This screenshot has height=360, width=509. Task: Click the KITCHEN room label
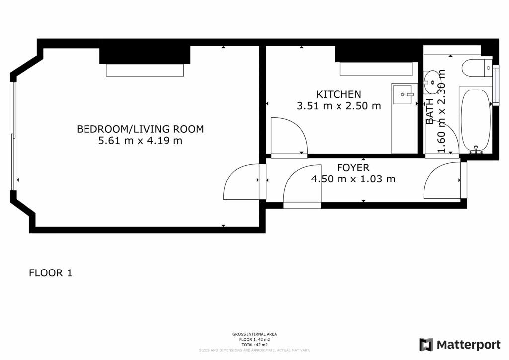coord(339,94)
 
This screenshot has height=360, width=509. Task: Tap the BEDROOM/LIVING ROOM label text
coord(140,129)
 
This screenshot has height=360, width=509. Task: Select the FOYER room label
coord(353,168)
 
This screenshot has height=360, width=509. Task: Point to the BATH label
coord(430,111)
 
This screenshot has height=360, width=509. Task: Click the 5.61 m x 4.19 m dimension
coord(140,141)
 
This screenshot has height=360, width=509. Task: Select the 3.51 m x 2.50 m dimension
coord(339,106)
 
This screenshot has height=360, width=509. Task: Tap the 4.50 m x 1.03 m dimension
coord(353,179)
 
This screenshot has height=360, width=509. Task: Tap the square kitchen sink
coord(403,94)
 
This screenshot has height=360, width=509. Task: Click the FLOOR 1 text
coord(51,273)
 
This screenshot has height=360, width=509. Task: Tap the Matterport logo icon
coord(426,344)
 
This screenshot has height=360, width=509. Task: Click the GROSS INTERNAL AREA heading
coord(254,334)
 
